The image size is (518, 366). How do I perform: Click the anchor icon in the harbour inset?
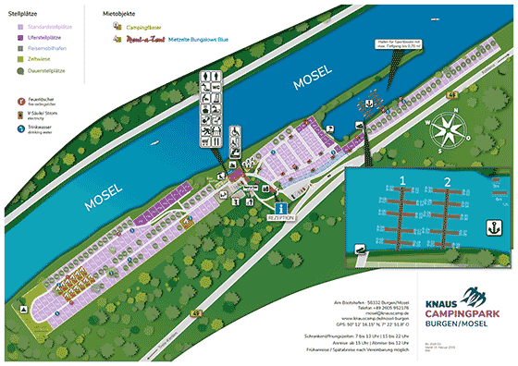coord(497,225)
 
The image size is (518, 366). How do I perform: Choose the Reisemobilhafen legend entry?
coord(42,47)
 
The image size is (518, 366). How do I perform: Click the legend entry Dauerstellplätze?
coord(42,69)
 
